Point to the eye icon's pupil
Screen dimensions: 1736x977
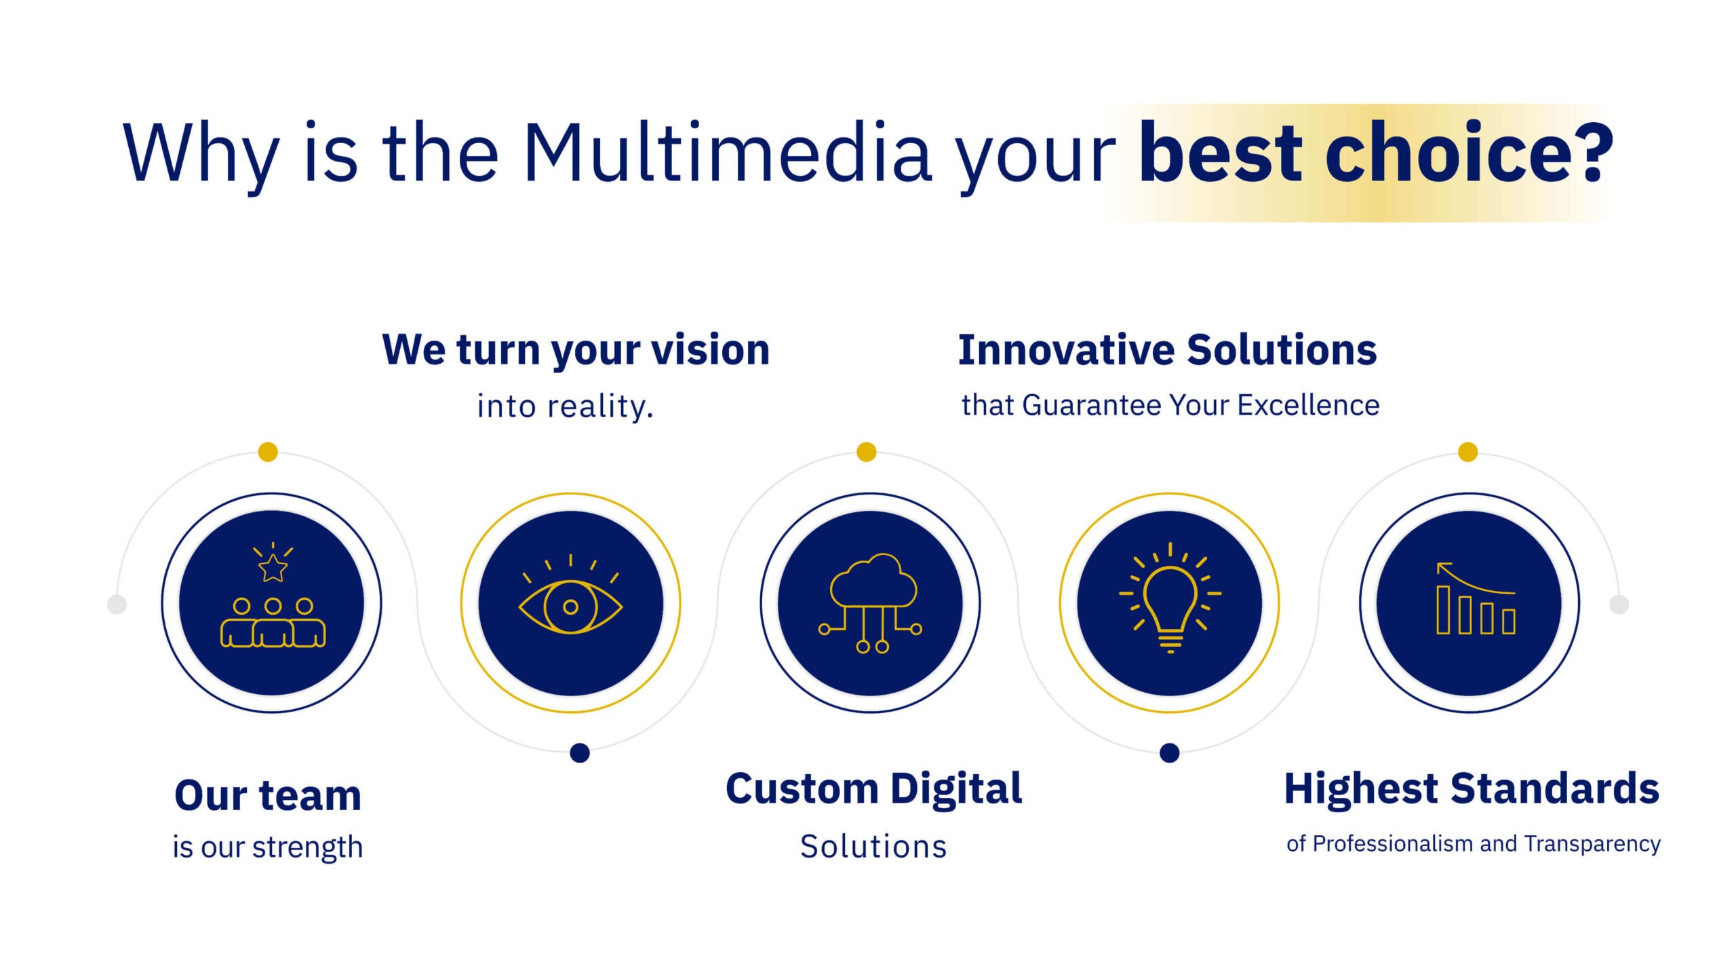point(570,607)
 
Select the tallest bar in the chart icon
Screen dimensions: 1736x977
point(1444,610)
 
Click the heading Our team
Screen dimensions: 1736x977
point(268,795)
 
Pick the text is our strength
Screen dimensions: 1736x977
point(268,847)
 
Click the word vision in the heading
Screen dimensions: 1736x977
point(711,350)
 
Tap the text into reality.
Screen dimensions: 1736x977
point(566,406)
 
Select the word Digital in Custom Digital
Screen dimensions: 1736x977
point(956,790)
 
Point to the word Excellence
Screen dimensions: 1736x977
point(1309,405)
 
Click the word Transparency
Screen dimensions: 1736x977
point(1593,844)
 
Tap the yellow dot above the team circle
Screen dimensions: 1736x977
point(269,452)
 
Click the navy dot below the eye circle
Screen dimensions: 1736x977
point(580,752)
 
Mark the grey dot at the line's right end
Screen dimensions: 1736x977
point(1619,604)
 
